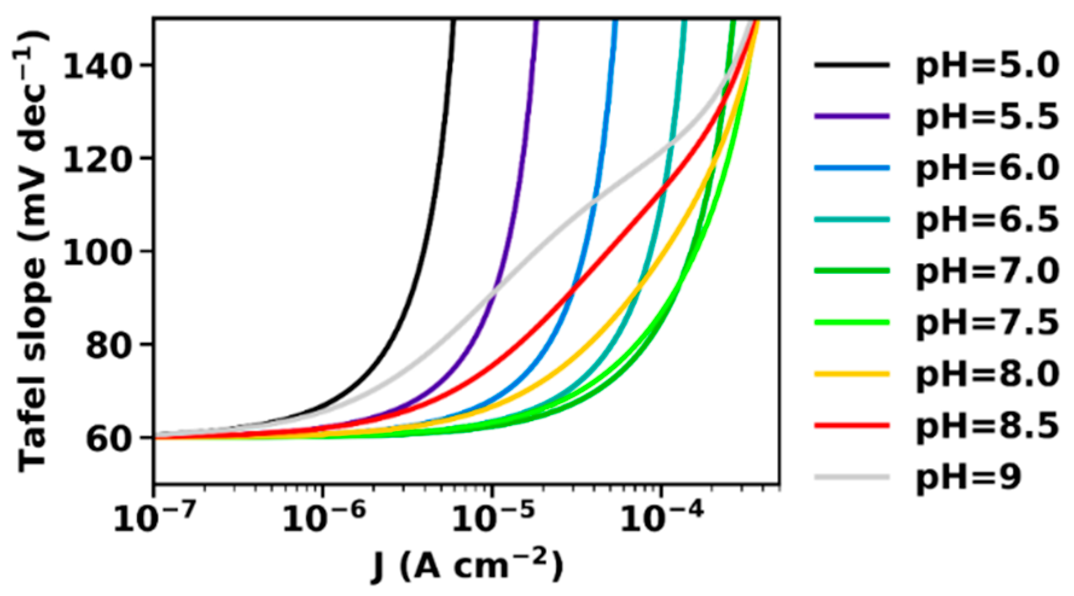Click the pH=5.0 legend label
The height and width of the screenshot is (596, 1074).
pos(987,66)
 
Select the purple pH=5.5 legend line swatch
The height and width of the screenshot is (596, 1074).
pos(852,115)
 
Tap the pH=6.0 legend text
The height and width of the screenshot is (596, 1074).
pos(987,168)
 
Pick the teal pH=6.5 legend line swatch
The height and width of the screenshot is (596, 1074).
pos(852,219)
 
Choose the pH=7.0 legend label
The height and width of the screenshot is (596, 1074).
pos(987,271)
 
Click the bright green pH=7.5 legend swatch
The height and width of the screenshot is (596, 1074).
pos(852,322)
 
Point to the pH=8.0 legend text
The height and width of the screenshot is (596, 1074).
pos(987,374)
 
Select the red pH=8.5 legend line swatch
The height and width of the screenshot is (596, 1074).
pos(852,425)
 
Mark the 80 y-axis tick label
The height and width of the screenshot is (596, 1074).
pos(109,345)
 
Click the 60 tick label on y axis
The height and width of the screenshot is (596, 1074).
pos(109,439)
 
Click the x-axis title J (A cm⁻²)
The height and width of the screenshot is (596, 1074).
pos(467,566)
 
